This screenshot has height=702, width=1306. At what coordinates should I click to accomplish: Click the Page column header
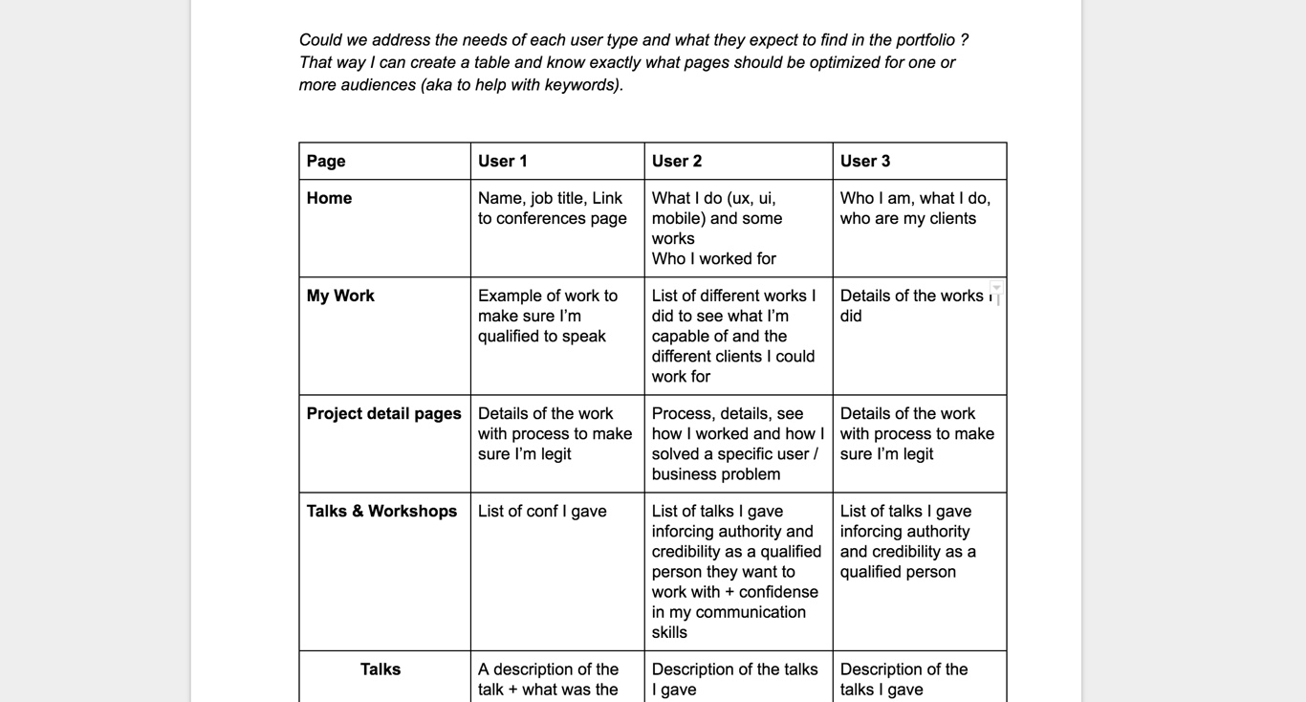click(x=326, y=161)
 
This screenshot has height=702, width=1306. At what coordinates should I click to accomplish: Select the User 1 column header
click(x=503, y=161)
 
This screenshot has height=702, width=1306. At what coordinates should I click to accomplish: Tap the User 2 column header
click(x=677, y=161)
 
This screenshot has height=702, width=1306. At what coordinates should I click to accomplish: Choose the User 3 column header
click(x=865, y=161)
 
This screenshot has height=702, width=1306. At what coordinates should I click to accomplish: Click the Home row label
click(x=329, y=198)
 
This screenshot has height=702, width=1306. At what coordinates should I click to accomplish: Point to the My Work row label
click(x=340, y=296)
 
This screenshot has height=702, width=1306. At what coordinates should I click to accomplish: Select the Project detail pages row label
click(x=383, y=413)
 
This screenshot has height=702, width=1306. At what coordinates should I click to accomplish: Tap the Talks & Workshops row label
click(x=381, y=511)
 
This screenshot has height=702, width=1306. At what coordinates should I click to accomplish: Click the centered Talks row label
click(x=381, y=669)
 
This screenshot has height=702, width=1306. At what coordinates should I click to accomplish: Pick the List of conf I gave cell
click(x=542, y=511)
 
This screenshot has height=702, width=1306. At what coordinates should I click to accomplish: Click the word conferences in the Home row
click(x=542, y=218)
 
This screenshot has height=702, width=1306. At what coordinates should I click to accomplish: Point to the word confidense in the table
click(x=778, y=592)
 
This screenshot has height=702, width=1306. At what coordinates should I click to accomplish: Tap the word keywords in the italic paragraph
click(x=582, y=84)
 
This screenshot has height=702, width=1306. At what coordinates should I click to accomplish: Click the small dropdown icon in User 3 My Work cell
click(x=996, y=288)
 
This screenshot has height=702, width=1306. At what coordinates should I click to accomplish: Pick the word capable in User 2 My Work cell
click(x=682, y=336)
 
